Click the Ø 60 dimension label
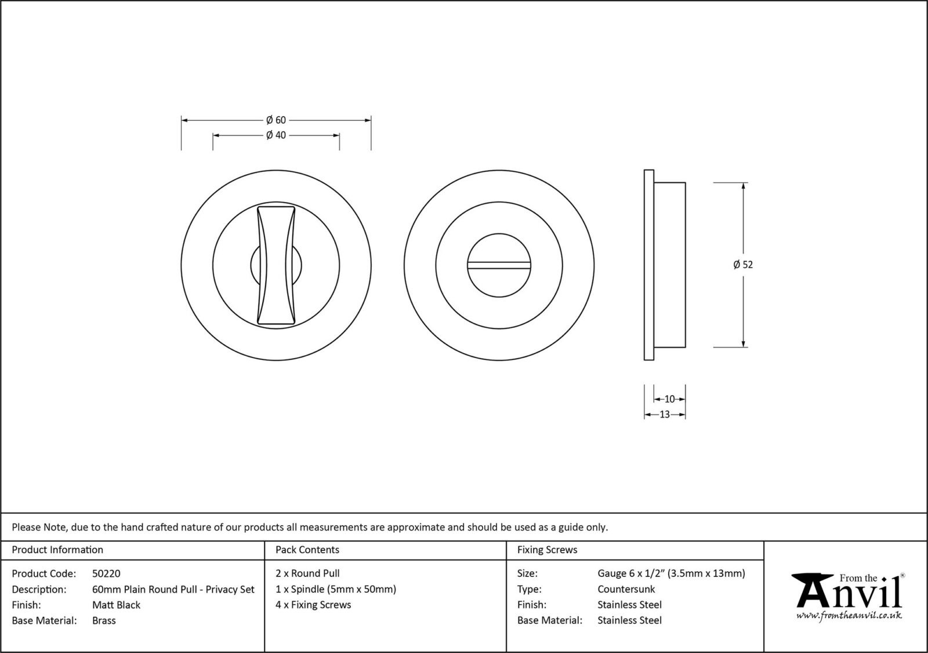pos(276,120)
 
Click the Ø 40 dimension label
pos(276,135)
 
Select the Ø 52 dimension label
pos(743,265)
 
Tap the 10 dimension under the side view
pos(669,399)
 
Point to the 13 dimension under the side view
pos(665,414)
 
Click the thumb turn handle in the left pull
pos(276,264)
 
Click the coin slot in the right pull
pos(499,265)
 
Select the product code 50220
pos(106,573)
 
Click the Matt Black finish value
pos(116,605)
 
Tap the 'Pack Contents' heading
pos(307,550)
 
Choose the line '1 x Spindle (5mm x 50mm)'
pos(336,589)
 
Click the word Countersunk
pos(626,589)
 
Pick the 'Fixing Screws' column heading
pos(547,550)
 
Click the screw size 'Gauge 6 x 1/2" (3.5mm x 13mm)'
pos(671,573)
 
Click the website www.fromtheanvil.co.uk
pos(849,615)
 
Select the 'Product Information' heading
pos(57,550)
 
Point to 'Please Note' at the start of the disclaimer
pos(39,527)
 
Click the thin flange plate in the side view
pos(649,265)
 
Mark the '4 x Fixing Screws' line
pos(313,605)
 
